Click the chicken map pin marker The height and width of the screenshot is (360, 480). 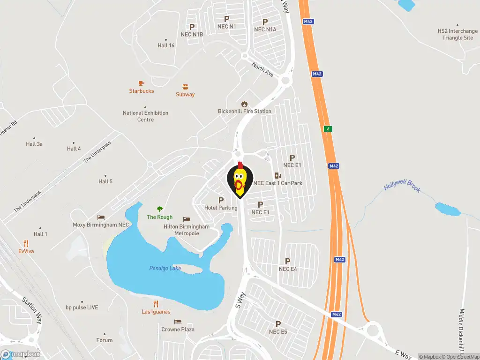pos(240,180)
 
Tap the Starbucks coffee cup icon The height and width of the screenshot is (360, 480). pos(142,83)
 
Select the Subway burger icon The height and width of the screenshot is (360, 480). pos(185,87)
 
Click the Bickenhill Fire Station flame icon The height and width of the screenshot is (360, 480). pos(244,104)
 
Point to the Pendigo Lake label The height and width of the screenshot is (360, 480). pos(165,268)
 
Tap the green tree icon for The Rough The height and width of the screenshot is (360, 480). pos(160,209)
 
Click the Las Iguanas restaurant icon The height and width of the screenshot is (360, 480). pos(156,304)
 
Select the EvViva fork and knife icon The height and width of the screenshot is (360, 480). pos(26,243)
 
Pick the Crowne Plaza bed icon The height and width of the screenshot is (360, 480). pos(178,322)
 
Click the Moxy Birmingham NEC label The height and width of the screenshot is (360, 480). pos(101,225)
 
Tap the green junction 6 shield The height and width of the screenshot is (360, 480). pos(329,128)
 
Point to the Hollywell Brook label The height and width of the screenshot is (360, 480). pos(402,186)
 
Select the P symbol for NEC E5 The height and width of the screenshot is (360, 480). pos(278,324)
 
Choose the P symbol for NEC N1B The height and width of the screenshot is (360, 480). pos(192,27)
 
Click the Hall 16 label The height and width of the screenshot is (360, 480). pos(166,45)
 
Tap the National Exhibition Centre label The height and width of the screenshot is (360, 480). pos(145,116)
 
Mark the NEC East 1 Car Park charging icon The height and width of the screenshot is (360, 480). pos(277,175)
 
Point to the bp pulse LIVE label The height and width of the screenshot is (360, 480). pos(82,307)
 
